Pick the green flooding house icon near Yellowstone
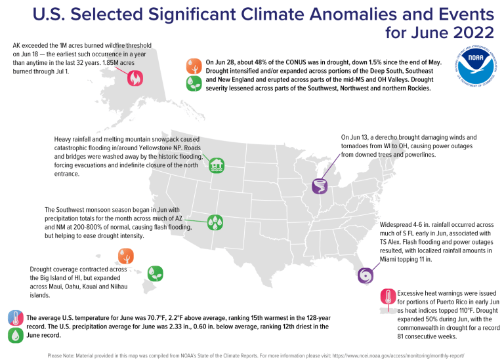217,165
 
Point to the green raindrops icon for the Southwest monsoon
214,222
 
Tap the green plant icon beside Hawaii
155,273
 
